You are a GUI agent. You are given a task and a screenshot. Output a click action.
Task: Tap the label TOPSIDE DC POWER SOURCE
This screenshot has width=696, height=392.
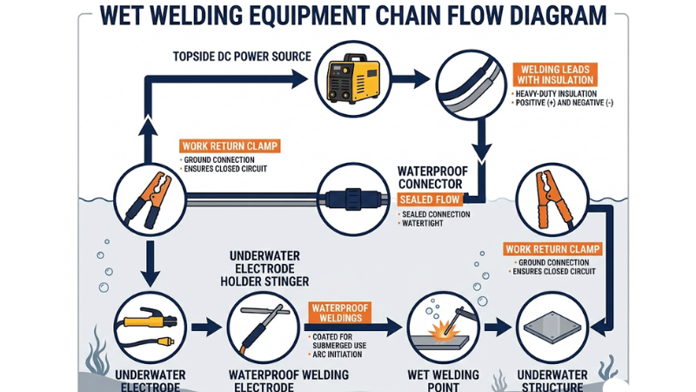[243, 57]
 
